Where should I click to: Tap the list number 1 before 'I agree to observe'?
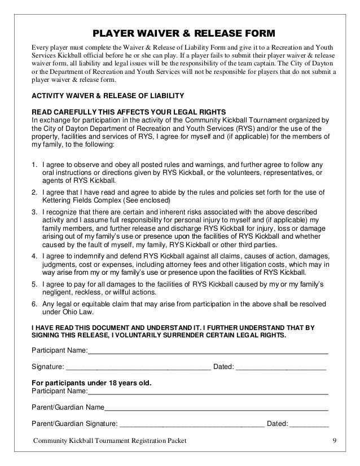[34, 165]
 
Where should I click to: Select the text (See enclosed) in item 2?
[153, 200]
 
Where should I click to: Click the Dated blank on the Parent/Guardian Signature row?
[309, 424]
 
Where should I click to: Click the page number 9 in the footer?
[334, 441]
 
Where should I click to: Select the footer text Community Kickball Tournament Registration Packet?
[109, 441]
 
